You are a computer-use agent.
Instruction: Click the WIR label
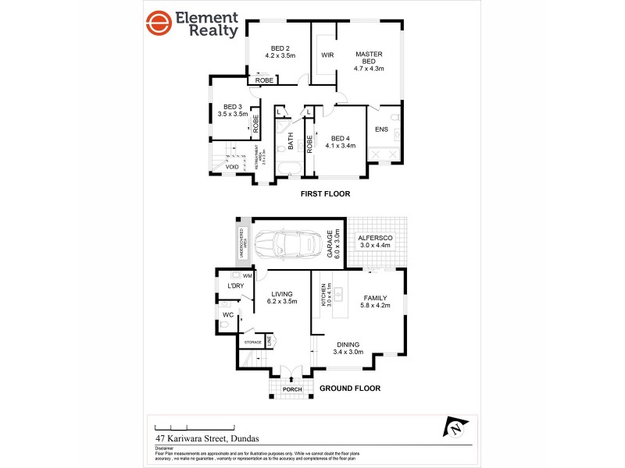(x=327, y=55)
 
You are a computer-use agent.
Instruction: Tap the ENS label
(x=382, y=129)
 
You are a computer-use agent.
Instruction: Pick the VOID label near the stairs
(x=232, y=167)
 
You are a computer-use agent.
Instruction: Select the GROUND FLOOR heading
(x=350, y=388)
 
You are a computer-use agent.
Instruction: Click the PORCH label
(x=292, y=389)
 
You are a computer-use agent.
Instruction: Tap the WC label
(x=228, y=315)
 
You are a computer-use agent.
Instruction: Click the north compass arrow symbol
(x=453, y=427)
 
